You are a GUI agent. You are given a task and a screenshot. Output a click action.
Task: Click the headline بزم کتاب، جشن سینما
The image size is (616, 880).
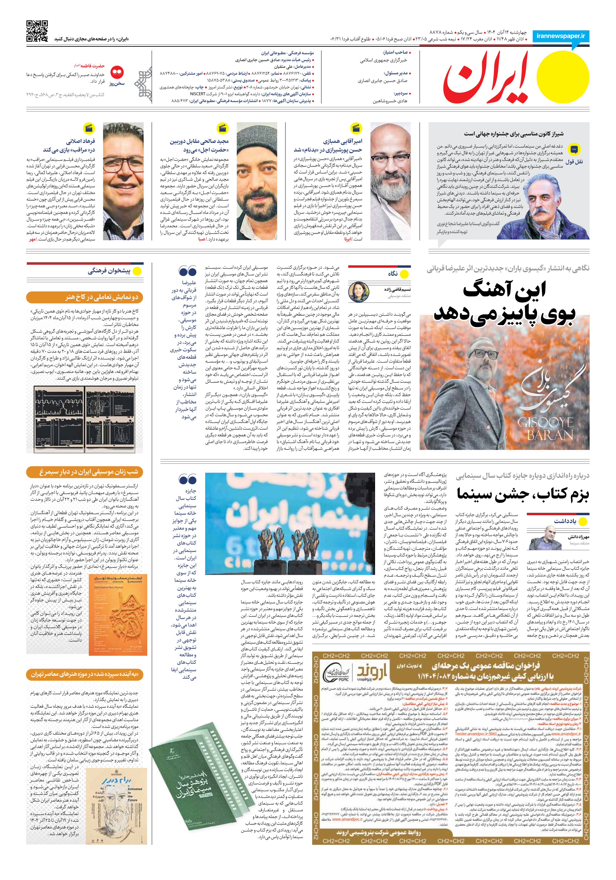[x=523, y=494]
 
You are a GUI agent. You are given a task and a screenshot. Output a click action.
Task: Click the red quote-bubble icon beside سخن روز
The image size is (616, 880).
[x=117, y=72]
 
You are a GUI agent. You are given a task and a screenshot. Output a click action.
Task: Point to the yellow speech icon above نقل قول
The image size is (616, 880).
[x=574, y=149]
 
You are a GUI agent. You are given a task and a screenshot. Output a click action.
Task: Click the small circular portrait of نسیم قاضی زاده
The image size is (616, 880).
[x=359, y=292]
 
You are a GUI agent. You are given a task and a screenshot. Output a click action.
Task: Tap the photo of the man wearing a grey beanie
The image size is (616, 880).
[x=257, y=181]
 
